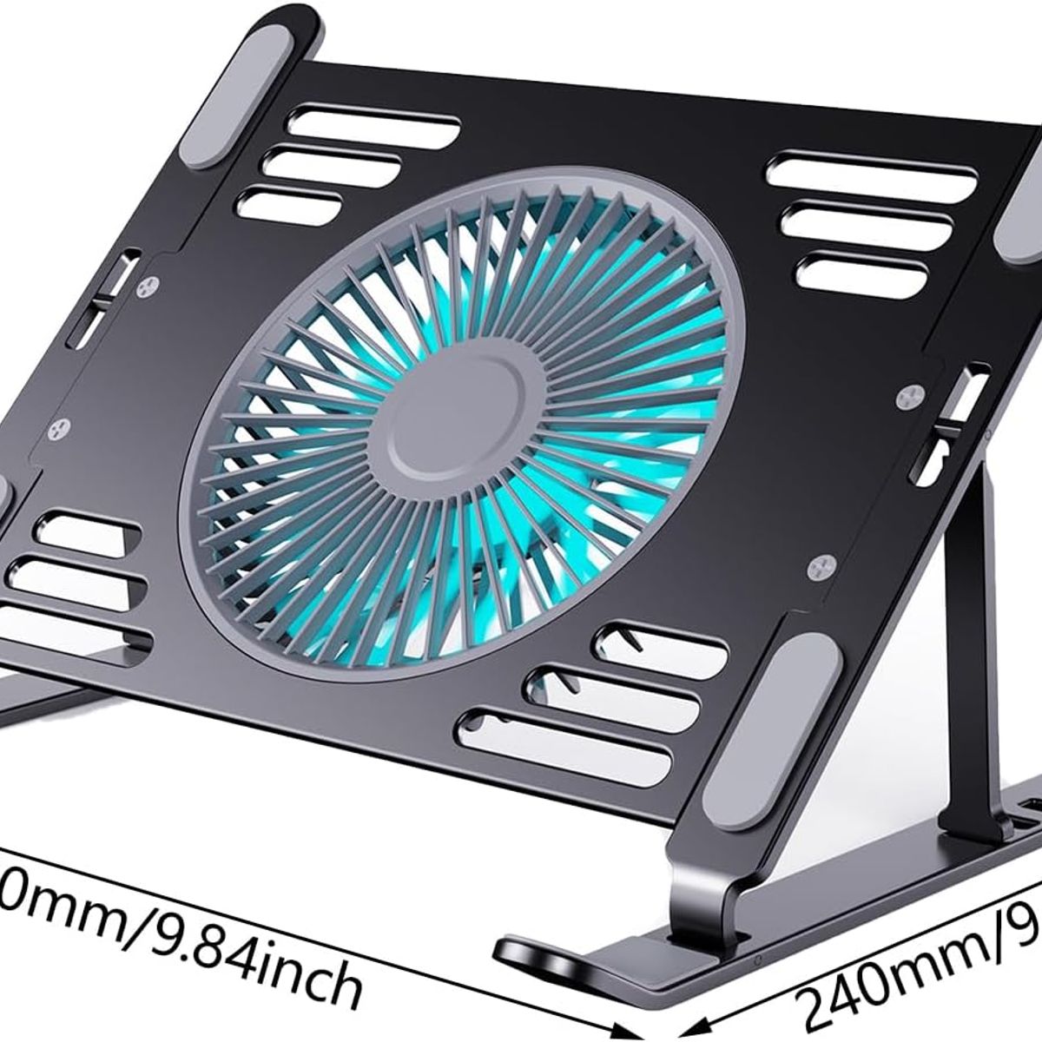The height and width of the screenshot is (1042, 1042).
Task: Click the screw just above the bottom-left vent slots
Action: coord(61,427)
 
